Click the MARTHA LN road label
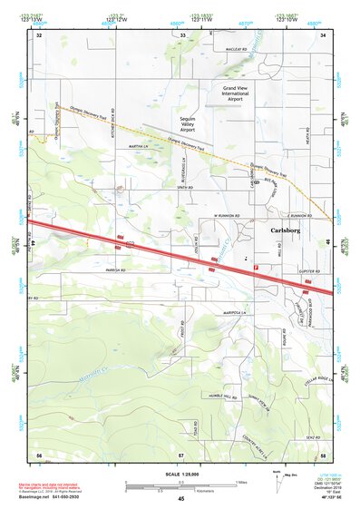[138, 145]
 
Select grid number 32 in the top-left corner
[39, 34]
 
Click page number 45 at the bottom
[181, 499]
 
